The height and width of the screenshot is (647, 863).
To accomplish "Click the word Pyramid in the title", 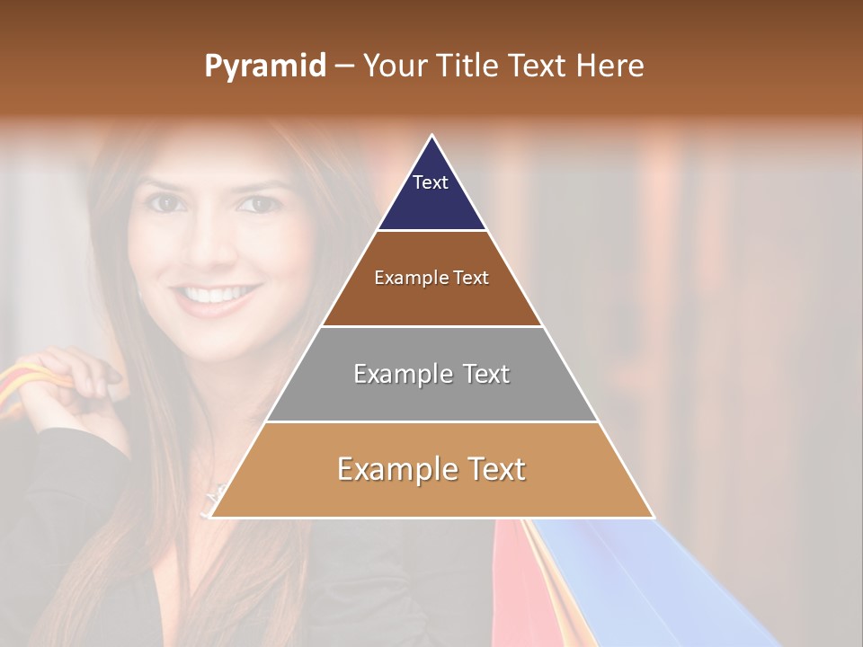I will point(264,66).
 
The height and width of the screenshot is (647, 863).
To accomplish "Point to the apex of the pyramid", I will point(432,137).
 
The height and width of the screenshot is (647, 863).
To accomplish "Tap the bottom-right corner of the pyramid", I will point(652,517).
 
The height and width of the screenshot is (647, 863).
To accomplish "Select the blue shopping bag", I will point(647,584).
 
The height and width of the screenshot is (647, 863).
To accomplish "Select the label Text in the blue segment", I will point(431,182).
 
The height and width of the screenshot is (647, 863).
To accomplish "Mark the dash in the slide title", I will point(344,66).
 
